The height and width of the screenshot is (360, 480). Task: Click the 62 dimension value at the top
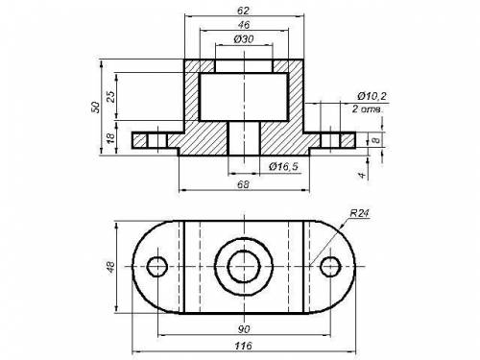tap(243, 11)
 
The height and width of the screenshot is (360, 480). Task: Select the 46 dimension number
tap(244, 25)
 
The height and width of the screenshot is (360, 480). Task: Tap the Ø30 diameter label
tap(244, 39)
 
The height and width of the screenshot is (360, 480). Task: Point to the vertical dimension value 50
tap(95, 107)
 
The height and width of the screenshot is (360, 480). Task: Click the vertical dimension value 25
tap(110, 96)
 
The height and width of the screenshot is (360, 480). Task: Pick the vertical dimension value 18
tap(110, 137)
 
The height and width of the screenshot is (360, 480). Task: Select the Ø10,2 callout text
tap(372, 96)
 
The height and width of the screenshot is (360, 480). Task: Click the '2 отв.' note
tap(368, 108)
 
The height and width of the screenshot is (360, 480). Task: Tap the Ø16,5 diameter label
tap(283, 166)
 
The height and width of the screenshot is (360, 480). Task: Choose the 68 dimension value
tap(244, 184)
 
